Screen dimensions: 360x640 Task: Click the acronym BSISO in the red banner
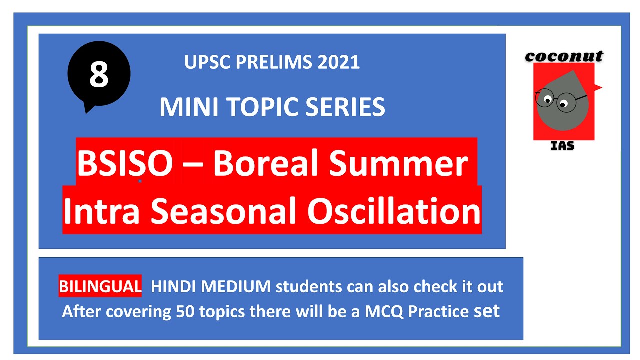tap(124, 164)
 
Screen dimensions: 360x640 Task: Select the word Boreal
tap(263, 164)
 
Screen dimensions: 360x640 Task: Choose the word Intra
tap(102, 211)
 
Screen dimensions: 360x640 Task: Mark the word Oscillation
tap(394, 211)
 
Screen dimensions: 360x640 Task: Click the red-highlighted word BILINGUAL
tap(100, 287)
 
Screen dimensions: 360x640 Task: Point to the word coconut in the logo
tap(564, 56)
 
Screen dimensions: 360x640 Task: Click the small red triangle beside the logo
tap(597, 88)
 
